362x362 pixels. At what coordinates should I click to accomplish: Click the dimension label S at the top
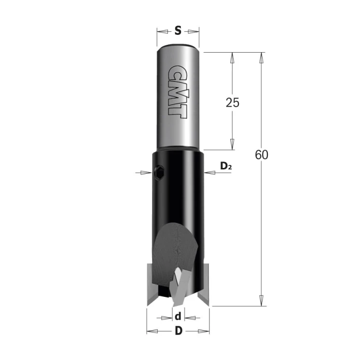[178, 31]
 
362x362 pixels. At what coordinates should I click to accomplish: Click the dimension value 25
[232, 103]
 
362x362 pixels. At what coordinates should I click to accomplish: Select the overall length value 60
[261, 155]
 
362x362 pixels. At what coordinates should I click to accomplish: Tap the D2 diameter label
[226, 167]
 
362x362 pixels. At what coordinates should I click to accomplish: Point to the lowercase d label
[178, 317]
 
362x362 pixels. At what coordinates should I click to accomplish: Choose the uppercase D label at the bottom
[178, 332]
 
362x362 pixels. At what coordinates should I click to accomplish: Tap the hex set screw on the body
[160, 171]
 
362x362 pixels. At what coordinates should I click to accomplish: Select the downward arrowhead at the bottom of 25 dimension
[232, 144]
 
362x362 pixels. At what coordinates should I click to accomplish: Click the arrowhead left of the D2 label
[209, 172]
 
